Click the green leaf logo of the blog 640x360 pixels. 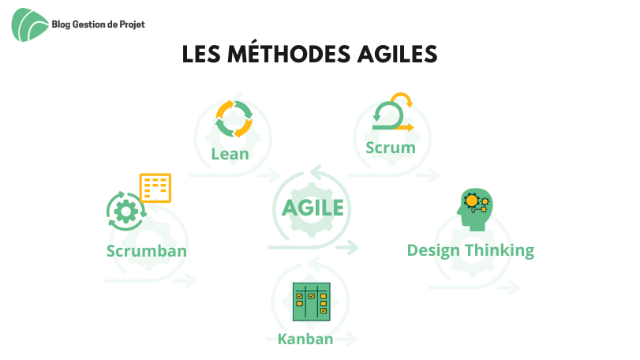tap(30, 25)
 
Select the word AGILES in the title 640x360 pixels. tap(397, 54)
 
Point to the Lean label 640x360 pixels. tap(230, 154)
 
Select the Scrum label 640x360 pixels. tap(391, 148)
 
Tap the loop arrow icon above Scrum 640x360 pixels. tap(393, 111)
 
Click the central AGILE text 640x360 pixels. tap(313, 208)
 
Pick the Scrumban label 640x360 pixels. tap(147, 251)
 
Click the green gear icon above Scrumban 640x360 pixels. tap(126, 212)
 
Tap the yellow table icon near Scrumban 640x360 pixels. tap(155, 188)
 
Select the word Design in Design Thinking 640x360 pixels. tap(433, 250)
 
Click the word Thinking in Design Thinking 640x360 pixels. tap(500, 250)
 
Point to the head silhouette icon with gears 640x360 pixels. tap(475, 209)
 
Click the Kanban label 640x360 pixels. tap(305, 339)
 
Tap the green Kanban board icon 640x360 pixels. tap(312, 302)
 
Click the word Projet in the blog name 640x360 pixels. tap(133, 25)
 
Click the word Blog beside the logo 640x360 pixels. tap(62, 25)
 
